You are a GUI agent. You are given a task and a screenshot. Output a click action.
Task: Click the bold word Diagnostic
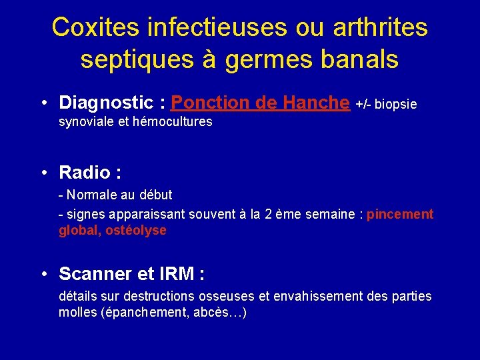106,103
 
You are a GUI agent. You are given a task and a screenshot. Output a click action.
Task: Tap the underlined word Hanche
315,103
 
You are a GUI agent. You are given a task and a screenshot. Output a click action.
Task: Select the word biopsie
396,104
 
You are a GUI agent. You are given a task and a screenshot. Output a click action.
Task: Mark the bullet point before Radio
43,173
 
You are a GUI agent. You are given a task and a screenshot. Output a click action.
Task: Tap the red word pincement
400,214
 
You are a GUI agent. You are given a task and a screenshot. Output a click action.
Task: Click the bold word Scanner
92,274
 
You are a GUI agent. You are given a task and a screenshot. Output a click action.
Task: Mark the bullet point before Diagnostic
43,103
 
